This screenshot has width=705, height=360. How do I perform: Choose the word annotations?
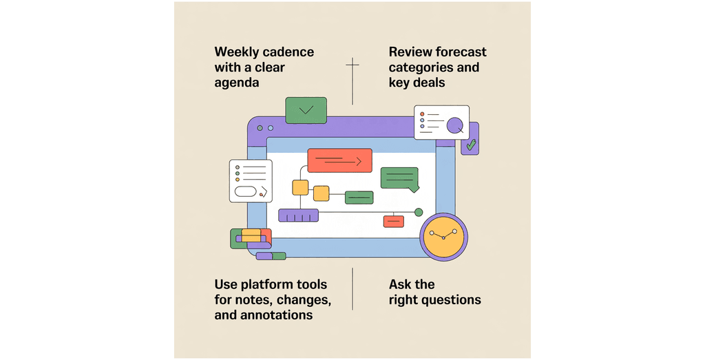click(278, 315)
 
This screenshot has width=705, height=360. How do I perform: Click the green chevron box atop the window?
click(306, 110)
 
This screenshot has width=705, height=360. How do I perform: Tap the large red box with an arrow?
click(339, 160)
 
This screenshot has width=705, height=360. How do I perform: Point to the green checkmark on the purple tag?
click(471, 145)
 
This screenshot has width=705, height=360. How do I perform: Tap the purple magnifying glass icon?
click(455, 126)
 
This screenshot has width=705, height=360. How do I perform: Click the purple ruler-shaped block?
click(298, 215)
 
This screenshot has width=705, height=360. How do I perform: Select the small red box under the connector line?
click(393, 221)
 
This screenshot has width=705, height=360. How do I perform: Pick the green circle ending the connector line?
click(418, 212)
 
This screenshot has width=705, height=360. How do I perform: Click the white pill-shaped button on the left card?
click(245, 191)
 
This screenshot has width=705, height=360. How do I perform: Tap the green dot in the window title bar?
click(270, 128)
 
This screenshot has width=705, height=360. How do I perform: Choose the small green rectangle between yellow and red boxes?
click(359, 198)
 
